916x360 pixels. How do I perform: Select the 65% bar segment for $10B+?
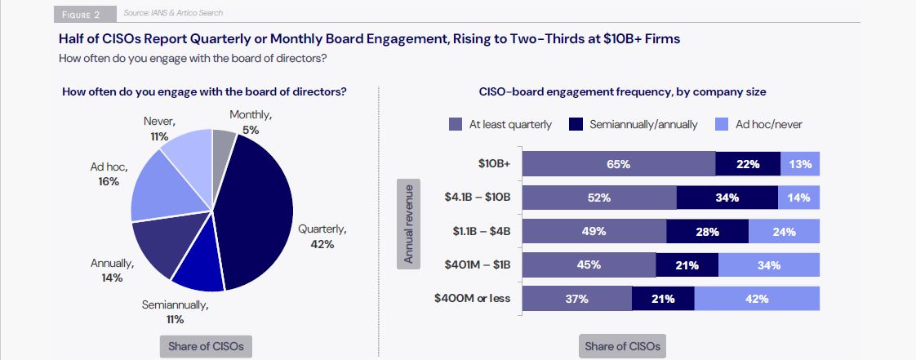tap(618, 164)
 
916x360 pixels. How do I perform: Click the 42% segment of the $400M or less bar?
tap(757, 299)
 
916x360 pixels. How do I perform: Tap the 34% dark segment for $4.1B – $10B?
tap(727, 198)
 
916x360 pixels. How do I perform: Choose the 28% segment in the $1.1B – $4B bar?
tap(707, 232)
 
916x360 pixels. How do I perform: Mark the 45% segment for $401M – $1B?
tap(589, 265)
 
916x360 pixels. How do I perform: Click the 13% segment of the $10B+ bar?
tap(800, 164)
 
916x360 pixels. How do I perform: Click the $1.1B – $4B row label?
tap(482, 231)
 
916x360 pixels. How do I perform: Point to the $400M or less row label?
tap(473, 298)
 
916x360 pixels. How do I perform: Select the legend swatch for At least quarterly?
tap(456, 125)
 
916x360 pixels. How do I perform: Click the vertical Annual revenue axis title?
tap(409, 223)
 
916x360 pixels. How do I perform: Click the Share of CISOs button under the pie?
tap(206, 346)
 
